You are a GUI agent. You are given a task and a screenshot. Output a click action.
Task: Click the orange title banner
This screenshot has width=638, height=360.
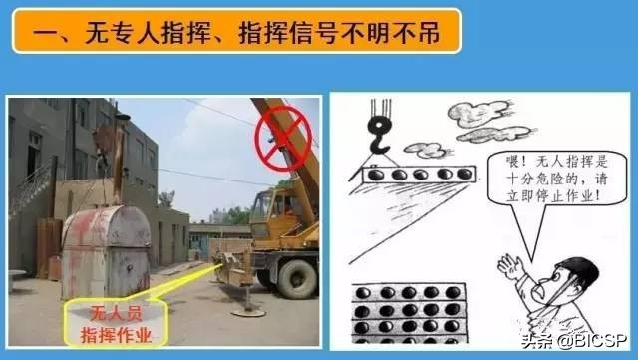236,31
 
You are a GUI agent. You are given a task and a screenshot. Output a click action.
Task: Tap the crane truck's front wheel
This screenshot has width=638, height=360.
297,279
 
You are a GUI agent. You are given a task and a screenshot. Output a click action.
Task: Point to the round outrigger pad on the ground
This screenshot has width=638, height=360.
248,313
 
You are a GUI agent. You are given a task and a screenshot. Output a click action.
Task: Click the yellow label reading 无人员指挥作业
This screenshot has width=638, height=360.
117,324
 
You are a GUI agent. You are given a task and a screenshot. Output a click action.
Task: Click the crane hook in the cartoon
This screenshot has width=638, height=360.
379,136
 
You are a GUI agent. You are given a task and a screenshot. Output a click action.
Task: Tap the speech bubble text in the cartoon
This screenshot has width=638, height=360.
556,178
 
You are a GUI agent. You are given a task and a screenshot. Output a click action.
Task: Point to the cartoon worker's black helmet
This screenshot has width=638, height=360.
581,271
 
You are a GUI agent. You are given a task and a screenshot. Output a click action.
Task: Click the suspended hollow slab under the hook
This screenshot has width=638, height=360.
419,174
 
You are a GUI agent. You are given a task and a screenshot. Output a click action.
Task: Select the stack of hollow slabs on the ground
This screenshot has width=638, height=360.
409,313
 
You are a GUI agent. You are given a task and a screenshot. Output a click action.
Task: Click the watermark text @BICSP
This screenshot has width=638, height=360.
593,340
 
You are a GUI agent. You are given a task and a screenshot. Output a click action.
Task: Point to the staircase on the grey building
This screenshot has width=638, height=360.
32,186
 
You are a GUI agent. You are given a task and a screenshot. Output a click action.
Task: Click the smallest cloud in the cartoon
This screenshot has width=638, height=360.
428,150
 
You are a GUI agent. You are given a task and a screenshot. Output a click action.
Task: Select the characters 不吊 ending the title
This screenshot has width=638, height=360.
417,32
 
